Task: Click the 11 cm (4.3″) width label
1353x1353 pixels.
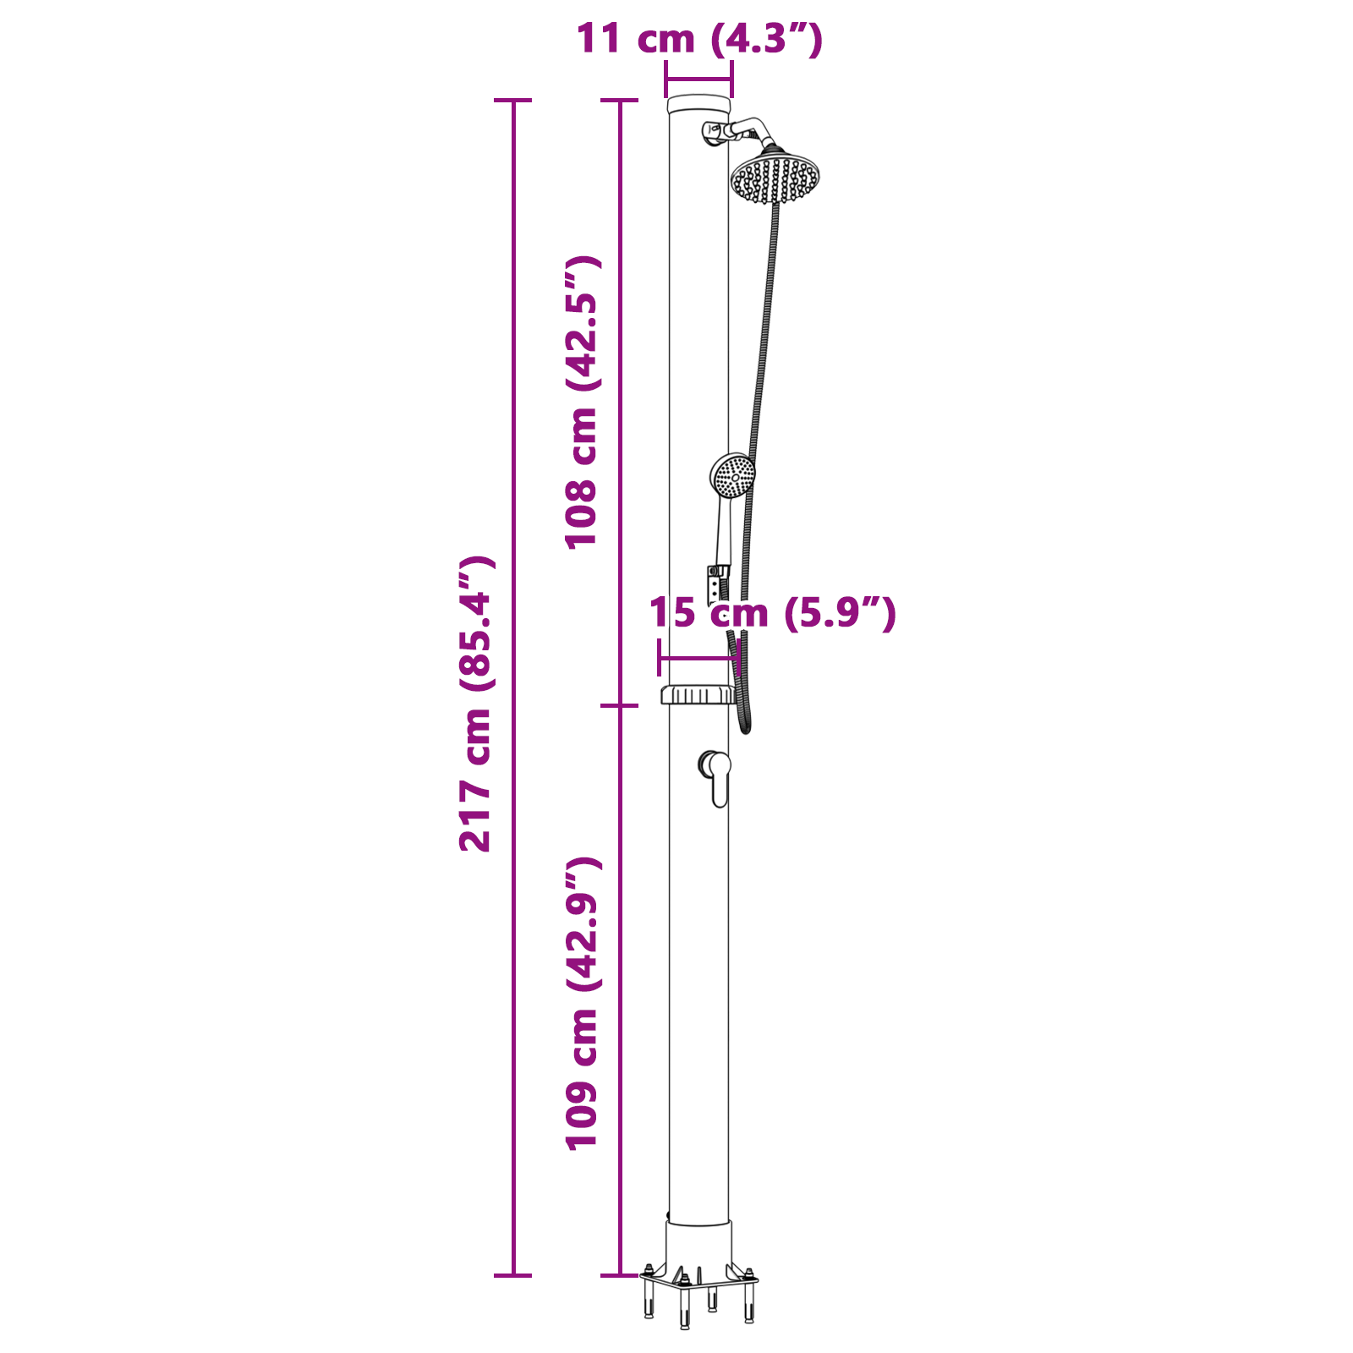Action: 698,39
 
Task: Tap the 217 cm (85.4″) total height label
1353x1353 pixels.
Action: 476,704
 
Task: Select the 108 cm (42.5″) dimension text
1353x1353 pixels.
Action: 583,403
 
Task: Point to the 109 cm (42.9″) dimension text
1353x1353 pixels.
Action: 583,1003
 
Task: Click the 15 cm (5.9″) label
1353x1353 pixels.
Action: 771,613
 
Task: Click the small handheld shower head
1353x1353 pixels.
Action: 732,476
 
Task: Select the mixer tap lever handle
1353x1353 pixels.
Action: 719,780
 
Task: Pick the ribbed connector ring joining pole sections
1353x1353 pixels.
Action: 698,695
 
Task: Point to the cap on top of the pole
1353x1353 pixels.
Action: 698,105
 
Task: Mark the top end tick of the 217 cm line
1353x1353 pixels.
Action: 512,101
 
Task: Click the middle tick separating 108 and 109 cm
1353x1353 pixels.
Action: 619,705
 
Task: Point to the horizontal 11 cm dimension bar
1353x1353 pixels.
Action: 698,80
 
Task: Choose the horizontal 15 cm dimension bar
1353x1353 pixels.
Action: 698,658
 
